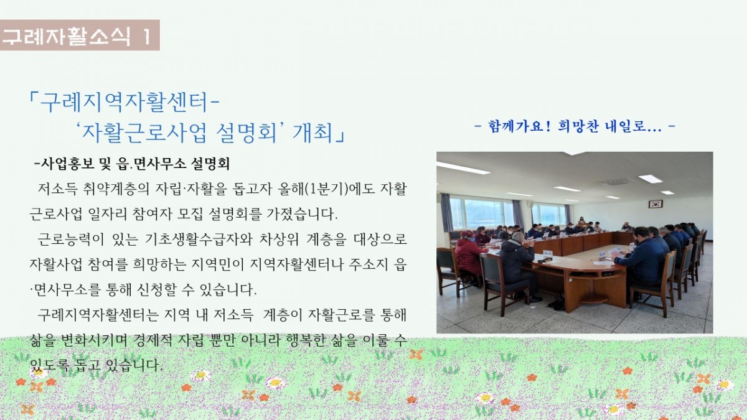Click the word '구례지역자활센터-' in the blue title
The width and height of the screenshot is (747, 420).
coord(129,101)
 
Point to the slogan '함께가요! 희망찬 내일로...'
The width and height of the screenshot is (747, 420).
coord(575,127)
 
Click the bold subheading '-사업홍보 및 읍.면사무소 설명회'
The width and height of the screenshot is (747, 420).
coord(132,164)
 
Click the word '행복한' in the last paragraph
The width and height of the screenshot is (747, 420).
coord(306,340)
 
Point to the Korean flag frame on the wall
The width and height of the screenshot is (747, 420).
coord(655,204)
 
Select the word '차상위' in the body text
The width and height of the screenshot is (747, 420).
coord(279,240)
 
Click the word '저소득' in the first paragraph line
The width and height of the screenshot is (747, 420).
coord(57,189)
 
